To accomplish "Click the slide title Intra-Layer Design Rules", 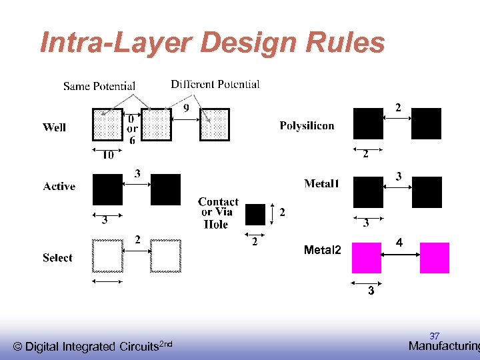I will pyautogui.click(x=213, y=43).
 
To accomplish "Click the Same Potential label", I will pyautogui.click(x=99, y=86).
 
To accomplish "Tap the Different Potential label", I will pyautogui.click(x=215, y=84).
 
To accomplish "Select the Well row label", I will pyautogui.click(x=55, y=127).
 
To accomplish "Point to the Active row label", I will pyautogui.click(x=59, y=187).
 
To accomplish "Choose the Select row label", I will pyautogui.click(x=57, y=258).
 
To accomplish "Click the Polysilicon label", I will pyautogui.click(x=307, y=125).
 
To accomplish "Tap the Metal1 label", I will pyautogui.click(x=321, y=183).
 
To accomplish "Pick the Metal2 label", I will pyautogui.click(x=322, y=250).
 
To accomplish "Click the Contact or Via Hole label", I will pyautogui.click(x=218, y=213).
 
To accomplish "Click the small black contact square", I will pyautogui.click(x=255, y=214).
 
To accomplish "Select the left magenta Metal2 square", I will pyautogui.click(x=366, y=258).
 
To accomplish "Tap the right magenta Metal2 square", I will pyautogui.click(x=435, y=258).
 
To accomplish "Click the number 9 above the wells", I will pyautogui.click(x=186, y=107).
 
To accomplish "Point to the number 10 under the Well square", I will pyautogui.click(x=107, y=155).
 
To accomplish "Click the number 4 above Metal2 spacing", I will pyautogui.click(x=399, y=244).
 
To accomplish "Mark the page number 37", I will pyautogui.click(x=435, y=335).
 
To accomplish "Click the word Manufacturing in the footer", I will pyautogui.click(x=443, y=346).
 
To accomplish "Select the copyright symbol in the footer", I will pyautogui.click(x=18, y=347).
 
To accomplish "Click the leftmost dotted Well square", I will pyautogui.click(x=108, y=124).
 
